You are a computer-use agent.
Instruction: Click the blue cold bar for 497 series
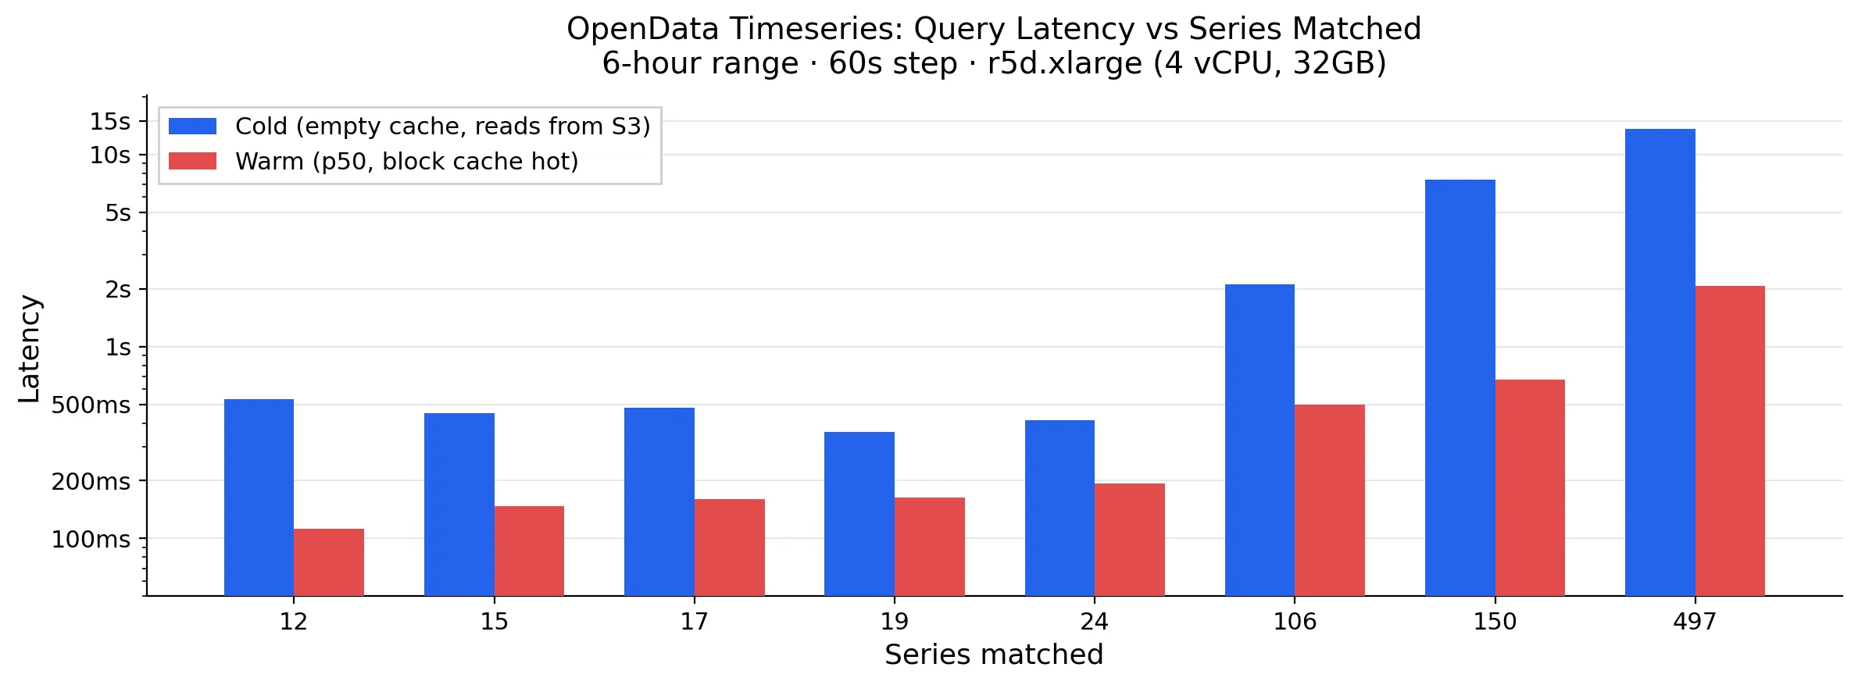point(1660,362)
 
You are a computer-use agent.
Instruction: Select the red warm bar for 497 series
point(1730,441)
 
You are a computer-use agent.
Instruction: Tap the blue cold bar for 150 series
point(1460,387)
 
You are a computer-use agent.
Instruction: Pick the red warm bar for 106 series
point(1330,500)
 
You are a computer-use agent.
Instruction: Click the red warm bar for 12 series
point(329,562)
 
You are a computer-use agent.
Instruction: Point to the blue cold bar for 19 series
point(859,514)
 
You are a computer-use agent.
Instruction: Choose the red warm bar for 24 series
point(1130,540)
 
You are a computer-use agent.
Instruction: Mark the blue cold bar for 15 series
point(459,505)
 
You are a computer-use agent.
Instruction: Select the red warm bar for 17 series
point(730,548)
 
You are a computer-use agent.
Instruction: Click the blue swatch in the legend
point(192,127)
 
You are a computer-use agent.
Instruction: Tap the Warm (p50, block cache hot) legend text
point(406,162)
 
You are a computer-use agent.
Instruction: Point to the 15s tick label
point(110,122)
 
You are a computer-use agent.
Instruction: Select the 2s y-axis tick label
point(118,290)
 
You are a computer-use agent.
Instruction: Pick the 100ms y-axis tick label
point(91,540)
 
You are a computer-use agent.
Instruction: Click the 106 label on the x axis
point(1295,622)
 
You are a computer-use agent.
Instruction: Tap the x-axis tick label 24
point(1095,622)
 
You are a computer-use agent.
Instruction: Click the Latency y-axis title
point(30,348)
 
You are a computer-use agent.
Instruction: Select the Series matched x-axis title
point(994,655)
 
